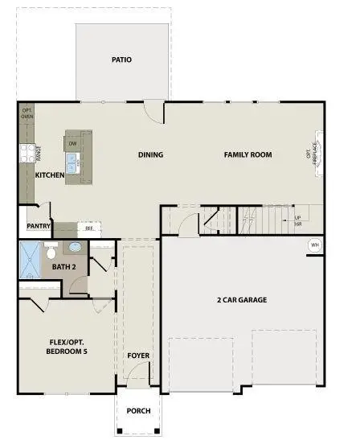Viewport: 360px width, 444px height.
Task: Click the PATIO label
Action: coord(122,60)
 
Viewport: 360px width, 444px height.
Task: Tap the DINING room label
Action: coord(150,155)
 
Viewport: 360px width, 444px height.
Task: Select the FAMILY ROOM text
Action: coord(247,155)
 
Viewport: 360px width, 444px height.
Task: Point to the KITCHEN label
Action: coord(50,175)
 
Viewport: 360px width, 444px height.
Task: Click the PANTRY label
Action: coord(39,227)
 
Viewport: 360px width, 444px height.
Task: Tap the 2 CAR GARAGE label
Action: coord(241,300)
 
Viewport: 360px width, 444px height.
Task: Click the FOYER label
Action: coord(138,355)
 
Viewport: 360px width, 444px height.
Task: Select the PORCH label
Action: coord(138,411)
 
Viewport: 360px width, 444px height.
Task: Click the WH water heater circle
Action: coord(314,245)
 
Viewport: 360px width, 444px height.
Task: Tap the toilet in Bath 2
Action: coord(51,250)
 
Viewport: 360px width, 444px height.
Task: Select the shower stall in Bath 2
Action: coord(30,261)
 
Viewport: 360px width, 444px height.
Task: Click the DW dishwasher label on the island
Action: coord(72,144)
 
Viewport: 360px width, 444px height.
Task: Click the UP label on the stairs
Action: coord(298,218)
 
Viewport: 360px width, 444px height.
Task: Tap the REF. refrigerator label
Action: coord(89,228)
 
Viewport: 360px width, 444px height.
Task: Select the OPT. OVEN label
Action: coord(26,113)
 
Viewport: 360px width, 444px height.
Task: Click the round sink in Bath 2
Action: coord(74,248)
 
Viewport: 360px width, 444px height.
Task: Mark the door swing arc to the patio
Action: coord(155,113)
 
